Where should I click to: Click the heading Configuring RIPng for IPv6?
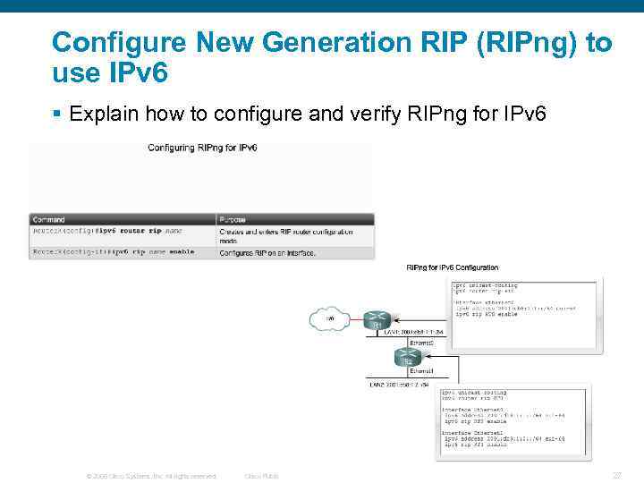point(202,148)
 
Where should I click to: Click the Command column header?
point(48,219)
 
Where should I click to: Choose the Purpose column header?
point(233,219)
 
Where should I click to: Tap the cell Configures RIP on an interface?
point(267,253)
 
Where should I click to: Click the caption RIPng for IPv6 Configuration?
point(453,267)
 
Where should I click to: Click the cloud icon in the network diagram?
point(328,318)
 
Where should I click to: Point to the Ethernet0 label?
point(422,343)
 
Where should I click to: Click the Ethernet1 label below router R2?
point(422,370)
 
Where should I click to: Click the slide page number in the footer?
point(616,476)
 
